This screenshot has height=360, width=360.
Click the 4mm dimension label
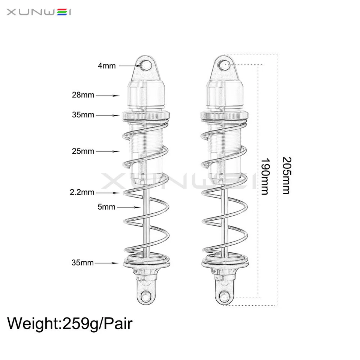tap(106, 66)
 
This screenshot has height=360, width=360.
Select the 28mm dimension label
tap(83, 95)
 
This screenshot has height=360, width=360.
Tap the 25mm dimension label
tap(83, 151)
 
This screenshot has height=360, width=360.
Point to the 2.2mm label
tap(82, 193)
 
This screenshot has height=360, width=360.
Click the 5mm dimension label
tap(106, 207)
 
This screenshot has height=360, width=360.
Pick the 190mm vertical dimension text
tap(265, 176)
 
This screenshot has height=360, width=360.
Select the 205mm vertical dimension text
tap(286, 175)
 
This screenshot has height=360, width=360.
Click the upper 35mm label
tap(83, 115)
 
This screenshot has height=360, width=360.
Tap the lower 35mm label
tap(82, 263)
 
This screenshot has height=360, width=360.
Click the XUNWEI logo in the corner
tap(39, 13)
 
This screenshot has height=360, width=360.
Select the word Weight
tap(32, 323)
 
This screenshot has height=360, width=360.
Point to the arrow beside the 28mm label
tap(108, 96)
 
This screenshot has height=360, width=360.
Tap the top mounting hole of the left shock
tap(146, 66)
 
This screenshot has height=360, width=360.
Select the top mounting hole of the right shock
tap(224, 66)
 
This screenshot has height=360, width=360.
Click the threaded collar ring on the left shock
tap(146, 115)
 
